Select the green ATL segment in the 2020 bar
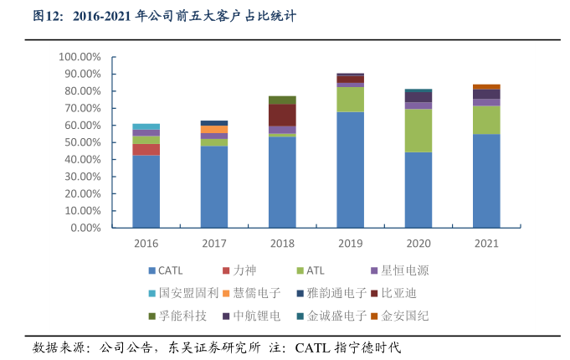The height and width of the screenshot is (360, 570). point(418,131)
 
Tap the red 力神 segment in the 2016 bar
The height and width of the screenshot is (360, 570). point(146,149)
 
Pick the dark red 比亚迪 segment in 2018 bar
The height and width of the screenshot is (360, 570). point(282,115)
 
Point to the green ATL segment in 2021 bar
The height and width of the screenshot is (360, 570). point(486,120)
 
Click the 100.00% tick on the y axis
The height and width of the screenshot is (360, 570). point(80,57)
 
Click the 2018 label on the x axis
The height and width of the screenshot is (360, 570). point(282,243)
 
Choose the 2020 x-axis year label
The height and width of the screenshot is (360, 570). point(418,243)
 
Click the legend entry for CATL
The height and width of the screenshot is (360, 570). point(170,270)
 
